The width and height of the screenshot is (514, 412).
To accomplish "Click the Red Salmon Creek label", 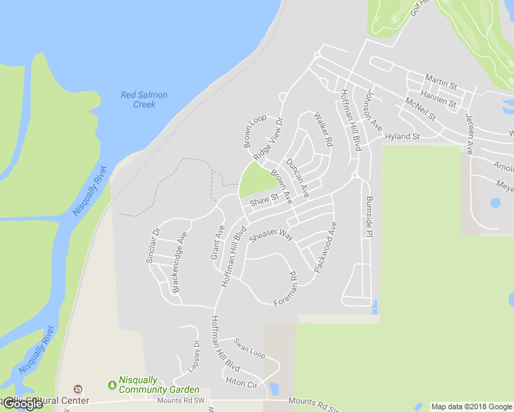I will click(144, 100).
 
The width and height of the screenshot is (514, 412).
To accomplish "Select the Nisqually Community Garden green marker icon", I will click(112, 385).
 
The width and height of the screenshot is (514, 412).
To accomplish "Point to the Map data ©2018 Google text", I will click(471, 407).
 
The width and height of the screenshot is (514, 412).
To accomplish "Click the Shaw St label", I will click(264, 201).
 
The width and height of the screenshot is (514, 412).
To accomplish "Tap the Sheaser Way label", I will click(271, 236).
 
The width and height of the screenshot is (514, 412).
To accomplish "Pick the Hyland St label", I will click(402, 137).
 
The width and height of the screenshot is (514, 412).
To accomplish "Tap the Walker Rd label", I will click(323, 130).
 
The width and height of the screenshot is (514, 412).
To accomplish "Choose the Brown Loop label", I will click(254, 131).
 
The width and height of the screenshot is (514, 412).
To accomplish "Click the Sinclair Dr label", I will click(152, 246).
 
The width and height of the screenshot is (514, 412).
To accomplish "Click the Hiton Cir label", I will click(241, 383).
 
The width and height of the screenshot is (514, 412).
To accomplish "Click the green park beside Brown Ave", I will click(256, 180).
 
